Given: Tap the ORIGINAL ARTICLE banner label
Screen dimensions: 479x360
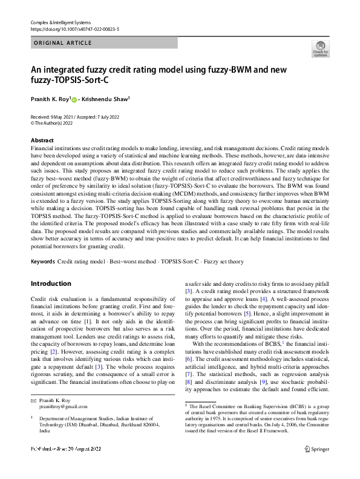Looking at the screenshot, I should click(63, 43).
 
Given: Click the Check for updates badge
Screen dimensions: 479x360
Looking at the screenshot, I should click(320, 49).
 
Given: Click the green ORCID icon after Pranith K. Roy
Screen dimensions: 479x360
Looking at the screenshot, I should click(76, 98).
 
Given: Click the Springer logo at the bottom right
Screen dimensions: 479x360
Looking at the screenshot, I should click(317, 466).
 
